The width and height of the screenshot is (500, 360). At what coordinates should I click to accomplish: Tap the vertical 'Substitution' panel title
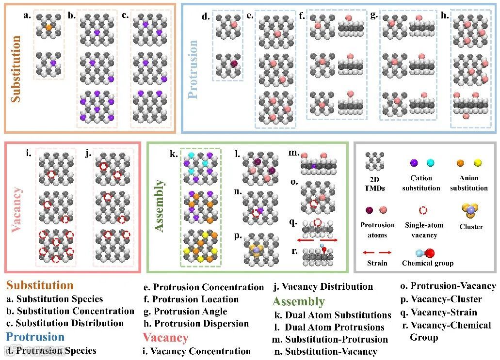click(16, 68)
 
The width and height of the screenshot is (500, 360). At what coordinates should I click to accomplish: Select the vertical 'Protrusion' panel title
click(193, 69)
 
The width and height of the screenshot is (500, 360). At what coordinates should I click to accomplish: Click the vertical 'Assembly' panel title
click(159, 206)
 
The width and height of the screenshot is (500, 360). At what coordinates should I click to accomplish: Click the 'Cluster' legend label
click(471, 227)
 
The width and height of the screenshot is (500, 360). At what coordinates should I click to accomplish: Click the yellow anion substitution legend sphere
click(477, 163)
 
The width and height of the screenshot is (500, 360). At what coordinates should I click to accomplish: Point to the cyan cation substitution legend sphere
click(430, 163)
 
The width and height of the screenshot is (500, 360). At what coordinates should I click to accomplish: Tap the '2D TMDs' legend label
click(376, 183)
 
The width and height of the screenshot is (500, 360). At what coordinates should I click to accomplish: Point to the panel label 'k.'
click(174, 155)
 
